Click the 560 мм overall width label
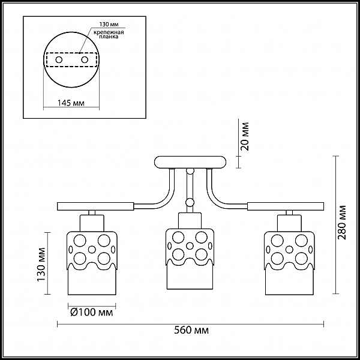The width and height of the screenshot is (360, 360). pyautogui.click(x=191, y=331)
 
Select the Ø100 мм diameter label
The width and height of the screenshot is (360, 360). pyautogui.click(x=92, y=312)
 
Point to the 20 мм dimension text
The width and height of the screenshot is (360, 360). pyautogui.click(x=245, y=136)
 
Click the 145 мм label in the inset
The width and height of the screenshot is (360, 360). pyautogui.click(x=71, y=103)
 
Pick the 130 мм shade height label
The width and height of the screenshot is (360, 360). pyautogui.click(x=41, y=265)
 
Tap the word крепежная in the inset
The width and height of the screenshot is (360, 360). pyautogui.click(x=109, y=32)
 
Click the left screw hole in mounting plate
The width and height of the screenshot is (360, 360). pyautogui.click(x=59, y=60)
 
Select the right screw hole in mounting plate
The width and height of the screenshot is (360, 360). pyautogui.click(x=85, y=60)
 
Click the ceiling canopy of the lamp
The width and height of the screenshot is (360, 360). pyautogui.click(x=190, y=163)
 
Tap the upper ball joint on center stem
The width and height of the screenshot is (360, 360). pyautogui.click(x=190, y=171)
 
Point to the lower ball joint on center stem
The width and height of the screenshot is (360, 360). pyautogui.click(x=190, y=202)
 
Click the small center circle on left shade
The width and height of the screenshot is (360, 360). pyautogui.click(x=92, y=250)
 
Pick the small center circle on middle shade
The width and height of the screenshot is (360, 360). pyautogui.click(x=190, y=246)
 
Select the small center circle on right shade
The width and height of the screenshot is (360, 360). pyautogui.click(x=289, y=250)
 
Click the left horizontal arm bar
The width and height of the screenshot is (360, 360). pyautogui.click(x=95, y=206)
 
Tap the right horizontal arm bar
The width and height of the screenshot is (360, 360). pyautogui.click(x=286, y=206)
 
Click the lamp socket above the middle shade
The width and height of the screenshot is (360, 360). pyautogui.click(x=190, y=221)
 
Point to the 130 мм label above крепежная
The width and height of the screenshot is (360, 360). pyautogui.click(x=109, y=25)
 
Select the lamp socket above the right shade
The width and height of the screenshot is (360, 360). pyautogui.click(x=289, y=223)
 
